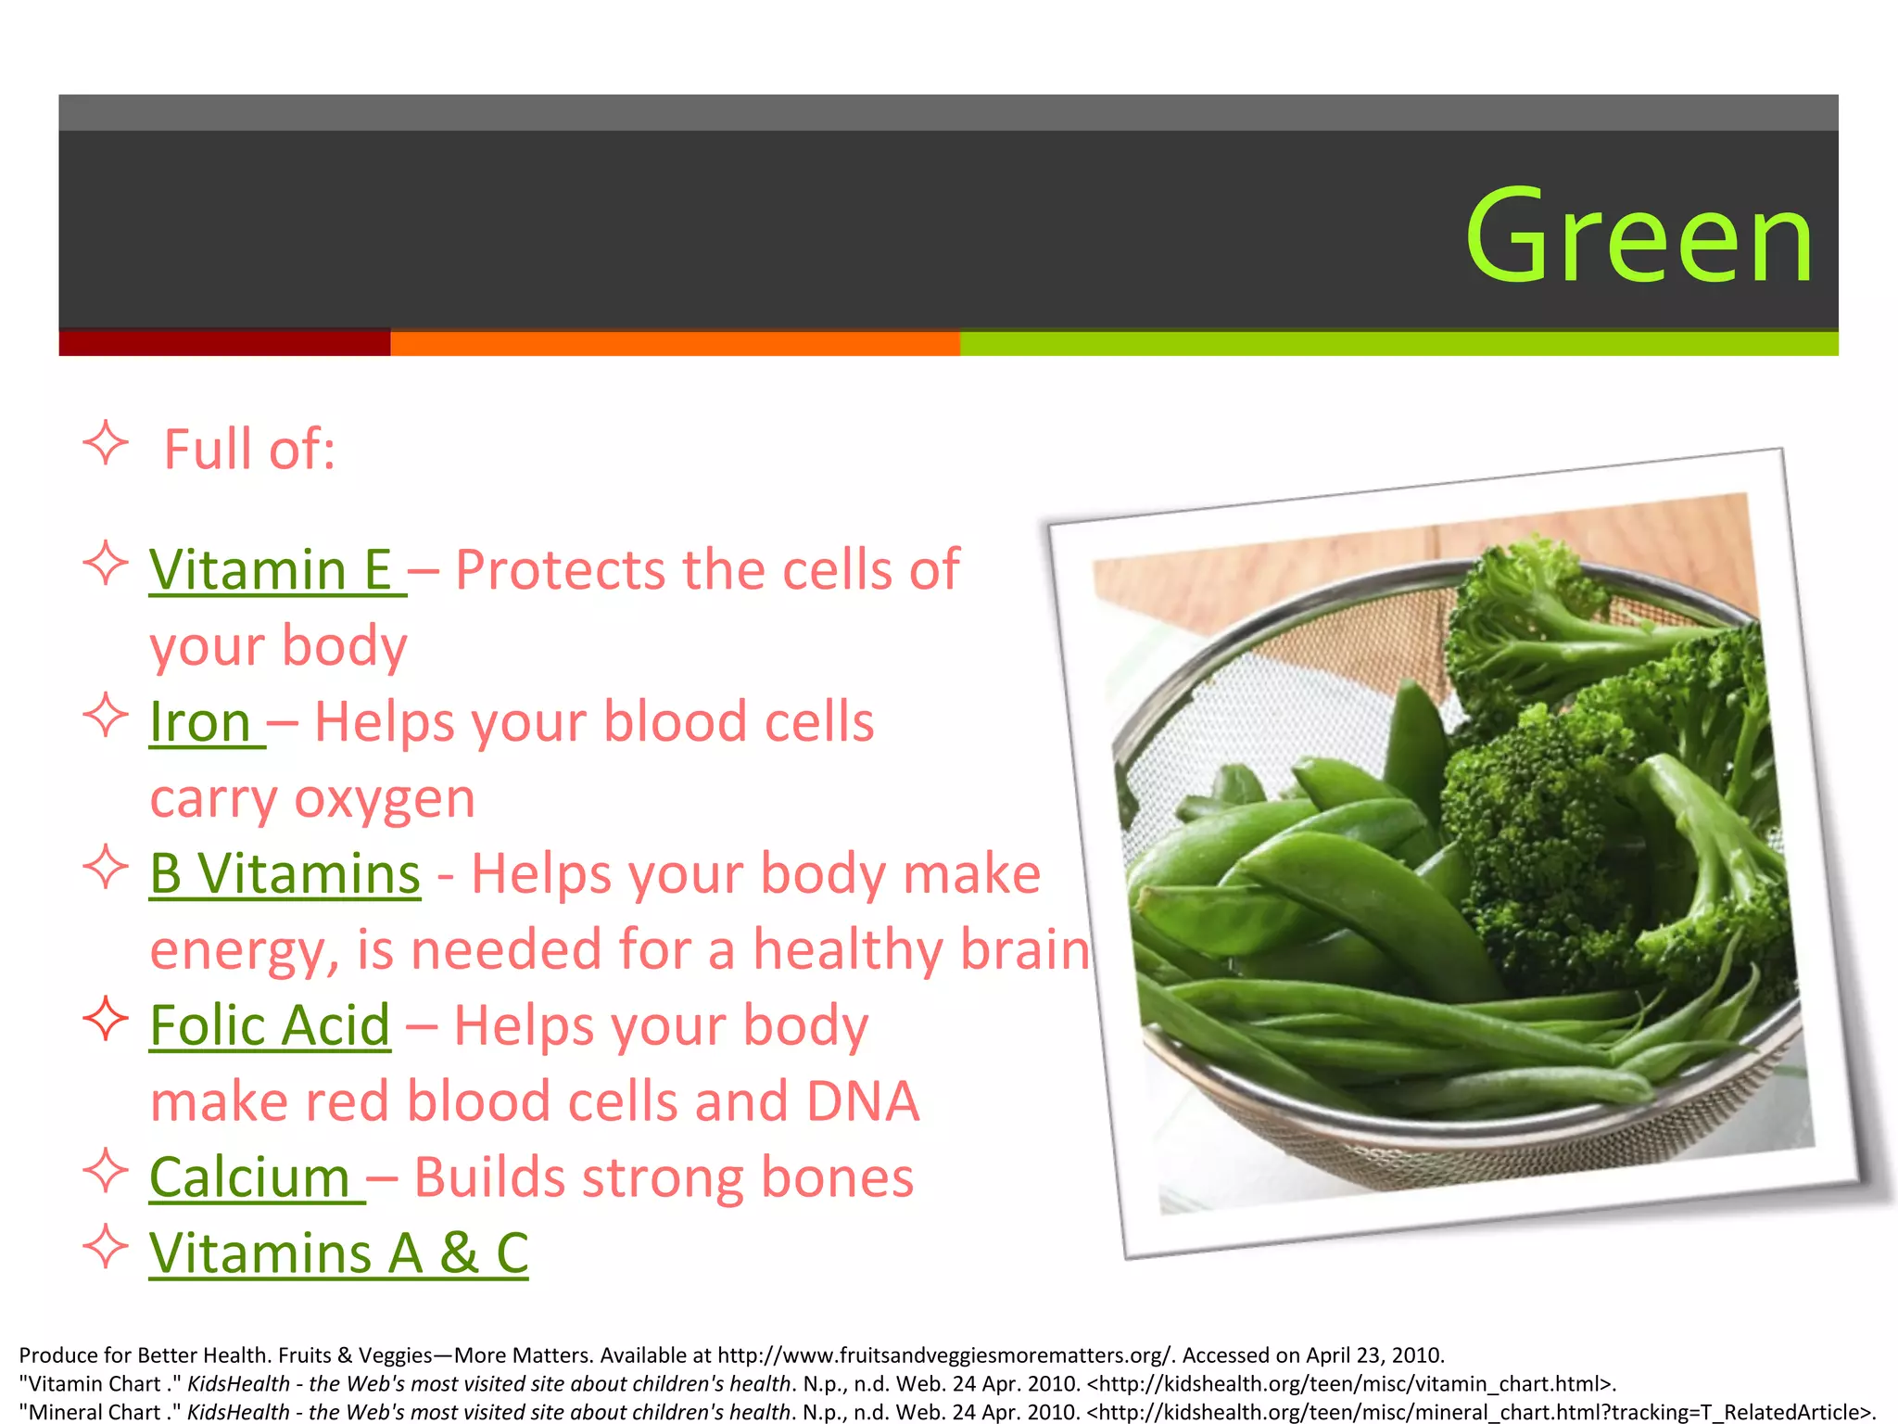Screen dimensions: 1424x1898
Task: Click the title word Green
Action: (x=1639, y=236)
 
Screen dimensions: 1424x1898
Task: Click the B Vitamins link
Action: (x=285, y=874)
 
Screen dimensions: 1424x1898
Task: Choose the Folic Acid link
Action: (x=270, y=1026)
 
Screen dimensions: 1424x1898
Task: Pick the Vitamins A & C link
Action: (x=338, y=1254)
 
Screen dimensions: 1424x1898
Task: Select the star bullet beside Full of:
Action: (x=106, y=443)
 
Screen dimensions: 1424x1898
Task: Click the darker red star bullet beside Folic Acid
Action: (x=106, y=1019)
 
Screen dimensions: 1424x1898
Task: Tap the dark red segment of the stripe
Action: (x=224, y=343)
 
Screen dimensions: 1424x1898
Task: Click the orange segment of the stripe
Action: (x=675, y=343)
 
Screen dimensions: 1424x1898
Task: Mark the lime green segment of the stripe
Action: (x=1398, y=343)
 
